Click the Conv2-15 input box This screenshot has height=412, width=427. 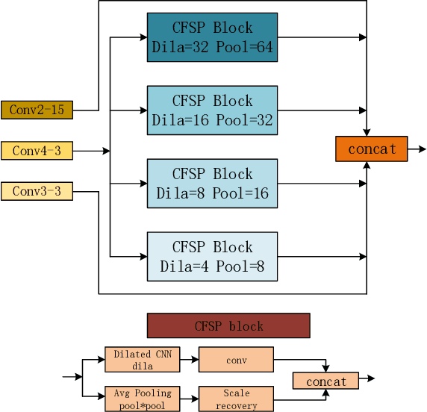coord(37,110)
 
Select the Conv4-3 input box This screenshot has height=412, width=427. coord(37,151)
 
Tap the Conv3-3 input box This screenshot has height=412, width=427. coord(37,192)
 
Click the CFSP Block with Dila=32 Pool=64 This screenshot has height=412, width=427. coord(212,37)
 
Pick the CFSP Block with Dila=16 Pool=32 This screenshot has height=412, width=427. coord(212,110)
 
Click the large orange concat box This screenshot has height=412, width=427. coord(372,149)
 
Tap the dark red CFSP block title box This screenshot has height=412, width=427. coord(228,326)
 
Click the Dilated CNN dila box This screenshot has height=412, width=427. coord(142,360)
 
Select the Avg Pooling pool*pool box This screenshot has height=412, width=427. coord(142,399)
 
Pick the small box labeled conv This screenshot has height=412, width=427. coord(236,360)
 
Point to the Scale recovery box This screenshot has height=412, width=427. coord(236,399)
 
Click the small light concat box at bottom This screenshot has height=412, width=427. coord(326,381)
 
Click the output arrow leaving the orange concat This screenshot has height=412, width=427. coord(417,149)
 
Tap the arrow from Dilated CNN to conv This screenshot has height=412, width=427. coord(189,360)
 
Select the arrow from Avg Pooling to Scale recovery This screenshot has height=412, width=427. coord(189,399)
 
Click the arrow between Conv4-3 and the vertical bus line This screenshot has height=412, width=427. coord(91,151)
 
